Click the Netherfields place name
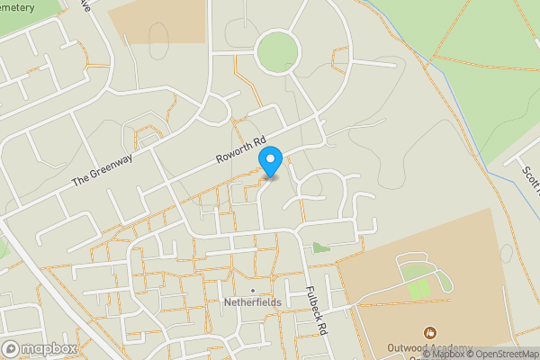click(x=252, y=302)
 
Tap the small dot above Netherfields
click(x=253, y=290)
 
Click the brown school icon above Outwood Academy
click(x=429, y=334)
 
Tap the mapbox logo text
click(x=49, y=349)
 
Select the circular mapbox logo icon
click(x=11, y=349)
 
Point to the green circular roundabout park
click(x=276, y=51)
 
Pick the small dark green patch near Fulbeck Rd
click(x=320, y=247)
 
